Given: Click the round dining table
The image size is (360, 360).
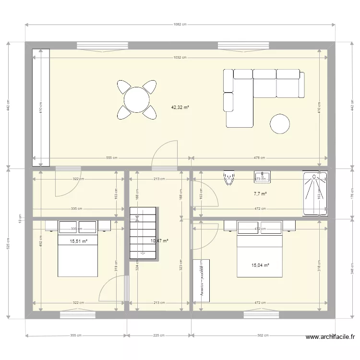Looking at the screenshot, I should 137,99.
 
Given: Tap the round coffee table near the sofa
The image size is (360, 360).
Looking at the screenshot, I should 280,124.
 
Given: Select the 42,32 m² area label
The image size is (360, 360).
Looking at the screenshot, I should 180,108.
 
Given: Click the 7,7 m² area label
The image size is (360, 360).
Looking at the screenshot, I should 260,194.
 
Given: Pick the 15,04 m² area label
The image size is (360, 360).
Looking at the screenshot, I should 260,264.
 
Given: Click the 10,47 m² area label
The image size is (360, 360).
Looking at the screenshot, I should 159,241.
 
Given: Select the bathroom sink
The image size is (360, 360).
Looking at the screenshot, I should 263,177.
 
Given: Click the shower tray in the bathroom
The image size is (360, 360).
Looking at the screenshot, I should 315,193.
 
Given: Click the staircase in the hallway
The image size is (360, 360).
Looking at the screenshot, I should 143,233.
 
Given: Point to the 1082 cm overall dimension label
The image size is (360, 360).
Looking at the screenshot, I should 180,24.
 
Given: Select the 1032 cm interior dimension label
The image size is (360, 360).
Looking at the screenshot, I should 180,57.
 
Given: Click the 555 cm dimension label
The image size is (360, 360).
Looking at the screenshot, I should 112,158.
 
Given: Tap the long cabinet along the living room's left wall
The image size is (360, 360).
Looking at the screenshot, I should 41,108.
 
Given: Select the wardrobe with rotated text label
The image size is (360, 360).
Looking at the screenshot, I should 201,281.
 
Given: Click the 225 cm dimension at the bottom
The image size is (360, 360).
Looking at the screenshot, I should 159,335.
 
